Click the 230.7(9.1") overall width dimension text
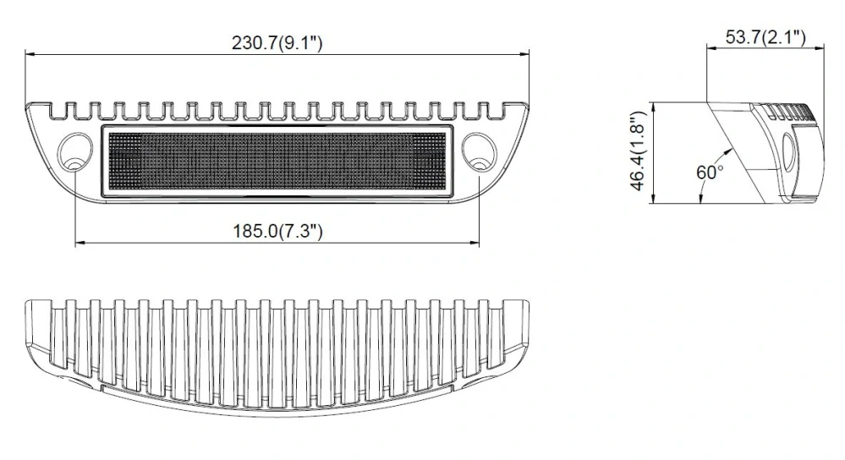point(277,43)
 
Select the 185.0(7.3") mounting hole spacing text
point(277,231)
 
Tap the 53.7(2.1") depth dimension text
point(765,36)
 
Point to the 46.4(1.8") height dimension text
point(640,153)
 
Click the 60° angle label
point(709,172)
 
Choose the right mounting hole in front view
point(480,149)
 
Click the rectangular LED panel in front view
point(277,162)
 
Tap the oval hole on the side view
point(788,153)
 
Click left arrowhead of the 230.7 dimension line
point(30,55)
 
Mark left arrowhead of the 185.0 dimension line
point(80,243)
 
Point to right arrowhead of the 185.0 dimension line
point(475,243)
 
